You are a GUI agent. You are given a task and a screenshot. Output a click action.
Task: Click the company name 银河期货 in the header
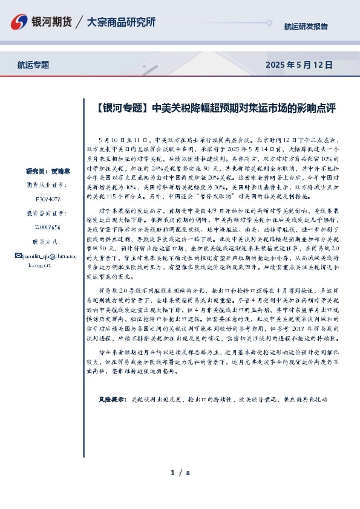(51, 22)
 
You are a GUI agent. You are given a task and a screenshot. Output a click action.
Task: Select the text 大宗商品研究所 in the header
(121, 22)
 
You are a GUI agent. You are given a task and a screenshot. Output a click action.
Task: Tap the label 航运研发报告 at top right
(306, 27)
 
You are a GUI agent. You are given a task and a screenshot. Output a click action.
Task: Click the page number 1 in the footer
(172, 473)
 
